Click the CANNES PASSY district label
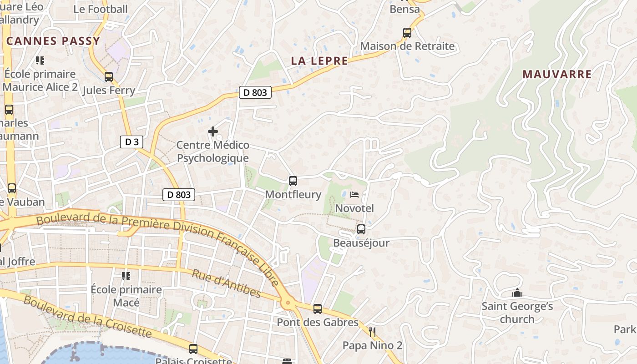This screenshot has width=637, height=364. click(x=53, y=41)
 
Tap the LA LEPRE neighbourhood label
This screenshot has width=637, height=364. click(x=319, y=61)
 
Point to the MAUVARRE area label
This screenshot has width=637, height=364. click(x=557, y=74)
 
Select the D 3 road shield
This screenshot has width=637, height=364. click(x=131, y=142)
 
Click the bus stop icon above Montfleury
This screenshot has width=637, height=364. click(x=293, y=181)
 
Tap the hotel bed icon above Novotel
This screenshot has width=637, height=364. click(x=354, y=195)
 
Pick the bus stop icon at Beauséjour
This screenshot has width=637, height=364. click(x=361, y=229)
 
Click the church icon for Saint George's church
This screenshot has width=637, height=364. click(x=517, y=293)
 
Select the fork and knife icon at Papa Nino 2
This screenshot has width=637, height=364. click(x=372, y=332)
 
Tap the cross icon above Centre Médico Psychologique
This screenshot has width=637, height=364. click(x=212, y=131)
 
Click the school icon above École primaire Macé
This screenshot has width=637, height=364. click(x=126, y=276)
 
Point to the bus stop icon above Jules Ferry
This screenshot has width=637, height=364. click(x=108, y=77)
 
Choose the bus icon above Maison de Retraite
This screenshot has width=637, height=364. click(x=407, y=33)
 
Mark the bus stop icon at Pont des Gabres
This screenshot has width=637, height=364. click(x=318, y=309)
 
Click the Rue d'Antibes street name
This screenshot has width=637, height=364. click(x=226, y=283)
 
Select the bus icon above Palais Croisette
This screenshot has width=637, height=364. click(x=193, y=349)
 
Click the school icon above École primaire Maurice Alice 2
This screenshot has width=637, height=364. click(x=40, y=60)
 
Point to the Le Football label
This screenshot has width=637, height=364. click(x=101, y=9)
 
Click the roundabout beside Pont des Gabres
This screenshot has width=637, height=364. click(x=287, y=302)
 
